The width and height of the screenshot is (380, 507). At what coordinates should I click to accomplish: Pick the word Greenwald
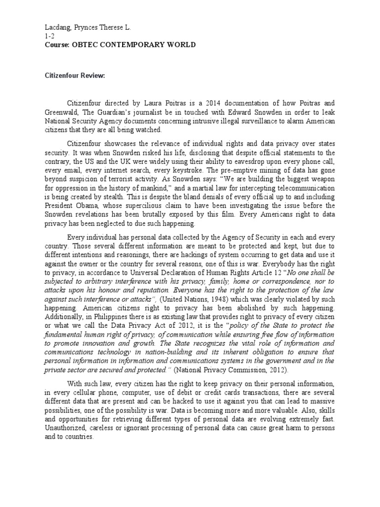62,112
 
